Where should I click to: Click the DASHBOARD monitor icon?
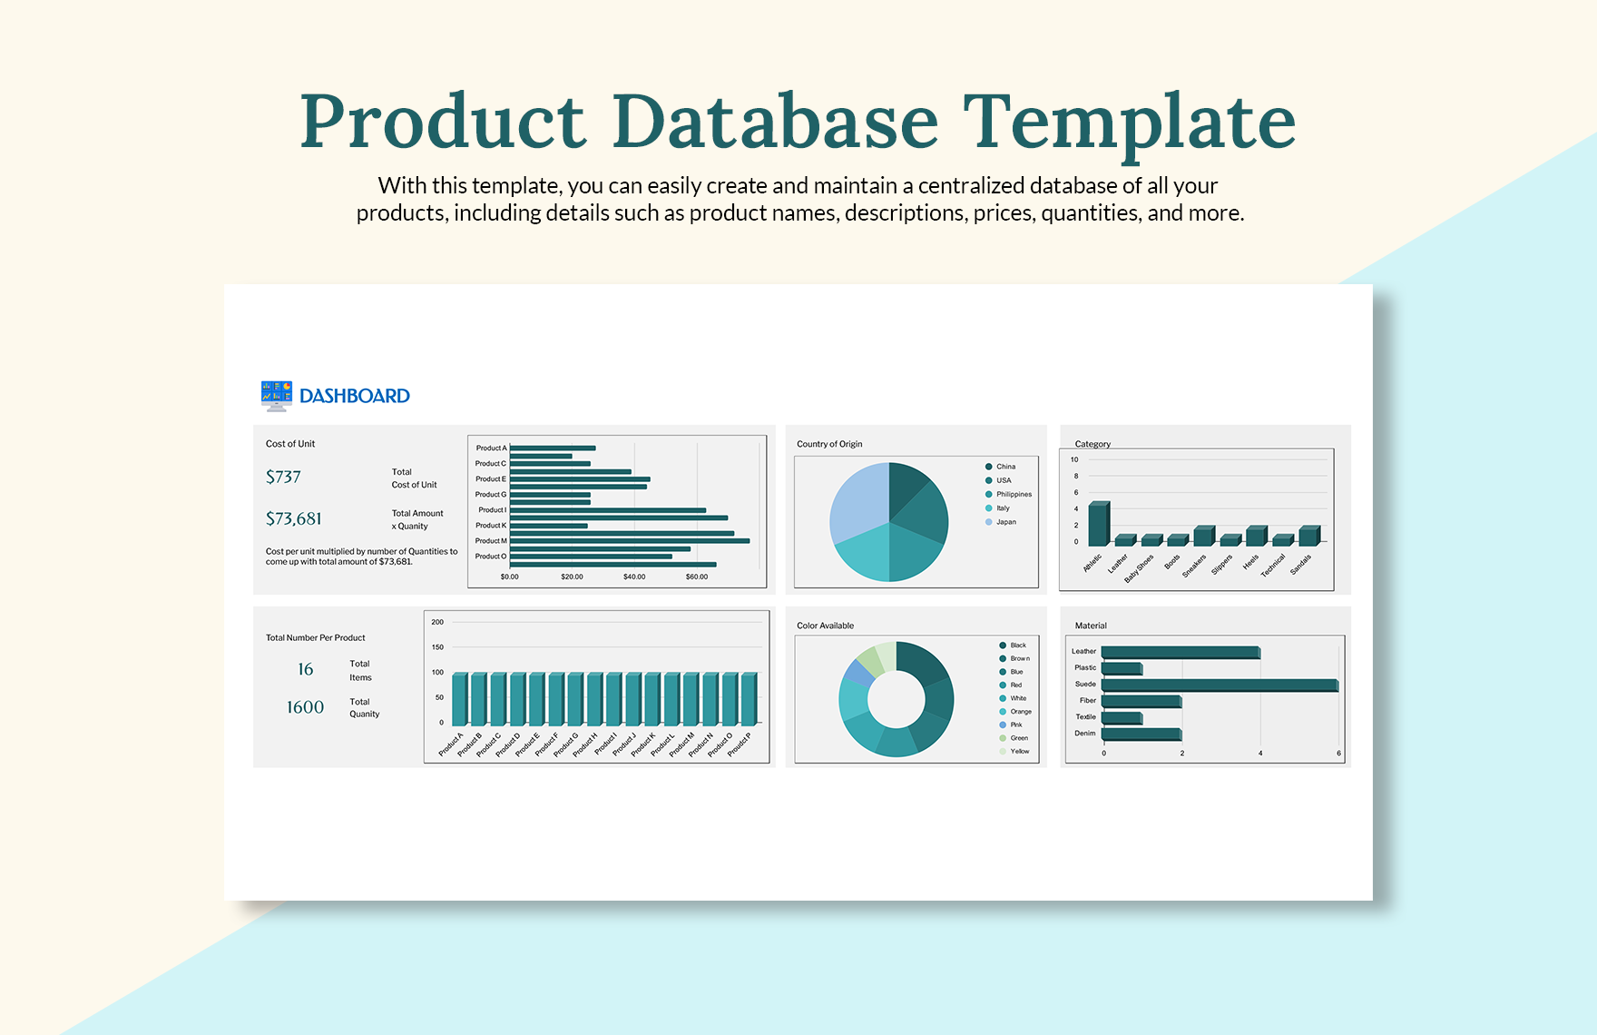276,395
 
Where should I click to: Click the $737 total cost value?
283,477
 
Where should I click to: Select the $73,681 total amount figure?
293,518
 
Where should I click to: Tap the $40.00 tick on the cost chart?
634,577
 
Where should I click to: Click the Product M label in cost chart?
491,541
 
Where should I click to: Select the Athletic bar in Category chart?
1098,524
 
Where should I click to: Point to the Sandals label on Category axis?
1301,564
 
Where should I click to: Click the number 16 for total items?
306,669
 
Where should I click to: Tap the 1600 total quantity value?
305,707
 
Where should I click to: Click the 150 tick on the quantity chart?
437,647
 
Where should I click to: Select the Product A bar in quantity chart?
459,698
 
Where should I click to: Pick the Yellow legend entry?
1019,751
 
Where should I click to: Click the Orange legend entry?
1020,712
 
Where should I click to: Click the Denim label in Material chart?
1085,734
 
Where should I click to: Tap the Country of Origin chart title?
829,444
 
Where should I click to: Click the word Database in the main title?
775,123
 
